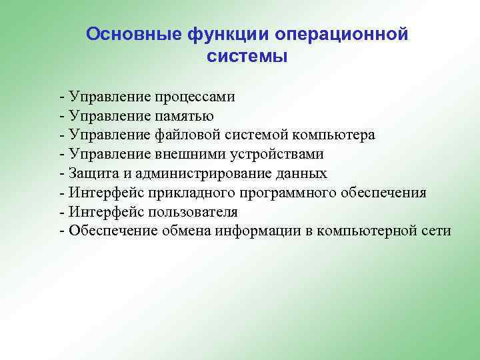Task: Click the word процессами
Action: click(197, 97)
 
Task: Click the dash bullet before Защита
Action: click(62, 174)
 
